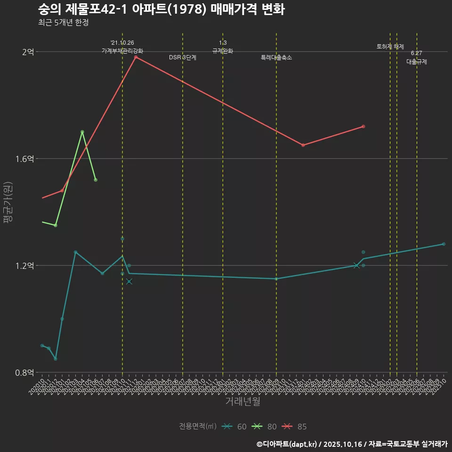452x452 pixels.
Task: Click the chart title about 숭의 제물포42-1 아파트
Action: point(161,9)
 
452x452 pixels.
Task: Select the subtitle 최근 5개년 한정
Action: point(63,22)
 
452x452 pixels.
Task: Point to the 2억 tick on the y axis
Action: point(28,52)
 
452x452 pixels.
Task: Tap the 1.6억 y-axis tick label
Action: point(24,159)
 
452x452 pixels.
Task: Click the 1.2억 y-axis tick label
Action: point(24,266)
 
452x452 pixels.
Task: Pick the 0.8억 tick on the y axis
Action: point(24,372)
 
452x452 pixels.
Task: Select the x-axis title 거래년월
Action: point(242,402)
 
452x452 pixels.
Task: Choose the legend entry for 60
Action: point(234,427)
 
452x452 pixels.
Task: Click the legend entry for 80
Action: point(264,427)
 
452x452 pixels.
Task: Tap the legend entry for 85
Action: point(294,427)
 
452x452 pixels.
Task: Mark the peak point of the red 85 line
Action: point(136,57)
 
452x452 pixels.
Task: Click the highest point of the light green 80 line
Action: point(82,132)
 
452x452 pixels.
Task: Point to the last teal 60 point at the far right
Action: point(444,244)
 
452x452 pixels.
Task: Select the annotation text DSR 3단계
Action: point(183,57)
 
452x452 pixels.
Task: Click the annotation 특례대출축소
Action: point(276,57)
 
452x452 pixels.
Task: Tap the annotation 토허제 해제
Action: point(390,47)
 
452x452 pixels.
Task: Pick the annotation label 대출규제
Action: point(417,62)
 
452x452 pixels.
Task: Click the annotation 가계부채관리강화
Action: point(122,50)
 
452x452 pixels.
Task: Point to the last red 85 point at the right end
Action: point(363,126)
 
